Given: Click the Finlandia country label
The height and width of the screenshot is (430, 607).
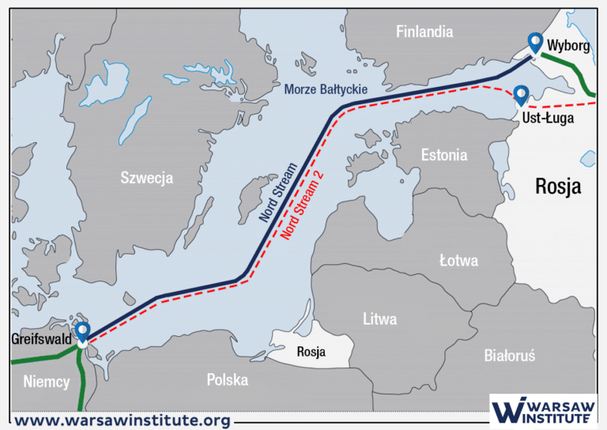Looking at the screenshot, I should coord(424,32).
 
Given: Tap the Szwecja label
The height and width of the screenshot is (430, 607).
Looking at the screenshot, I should coord(146,178).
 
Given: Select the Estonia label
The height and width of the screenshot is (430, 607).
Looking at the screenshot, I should coord(443,155).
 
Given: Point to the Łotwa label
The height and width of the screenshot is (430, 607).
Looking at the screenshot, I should coord(458,260).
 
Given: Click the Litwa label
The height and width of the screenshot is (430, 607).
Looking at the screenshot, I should coord(379,319).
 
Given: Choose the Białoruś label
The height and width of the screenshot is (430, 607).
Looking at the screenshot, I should coord(509,356).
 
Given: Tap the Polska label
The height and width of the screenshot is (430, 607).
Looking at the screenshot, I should coord(227,380).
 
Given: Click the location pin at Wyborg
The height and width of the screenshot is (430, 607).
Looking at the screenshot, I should coord(535,43).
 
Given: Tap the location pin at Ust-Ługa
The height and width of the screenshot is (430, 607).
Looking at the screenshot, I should coord(521,96).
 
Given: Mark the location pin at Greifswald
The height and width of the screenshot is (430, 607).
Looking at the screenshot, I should coord(82,333).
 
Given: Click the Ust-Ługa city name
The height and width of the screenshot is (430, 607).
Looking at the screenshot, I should coord(548,118).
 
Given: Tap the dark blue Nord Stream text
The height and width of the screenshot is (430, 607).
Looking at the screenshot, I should coord(279,194).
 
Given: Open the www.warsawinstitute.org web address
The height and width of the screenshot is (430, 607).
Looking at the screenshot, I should coord(123,420).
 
